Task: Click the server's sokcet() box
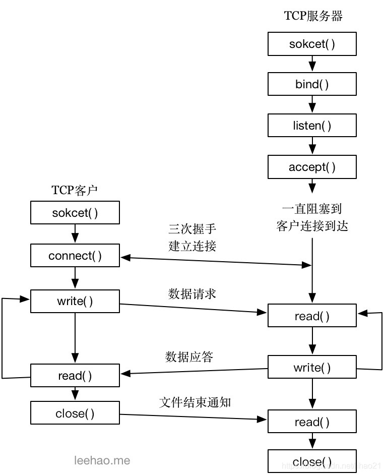pyautogui.click(x=312, y=44)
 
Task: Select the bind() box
pyautogui.click(x=312, y=84)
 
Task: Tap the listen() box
pyautogui.click(x=312, y=126)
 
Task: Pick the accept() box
pyautogui.click(x=312, y=167)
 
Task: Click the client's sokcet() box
pyautogui.click(x=75, y=213)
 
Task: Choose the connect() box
pyautogui.click(x=75, y=256)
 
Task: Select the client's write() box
pyautogui.click(x=75, y=301)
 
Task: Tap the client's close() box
pyautogui.click(x=75, y=413)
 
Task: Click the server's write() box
pyautogui.click(x=312, y=368)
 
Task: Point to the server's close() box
pyautogui.click(x=312, y=461)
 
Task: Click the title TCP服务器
pyautogui.click(x=313, y=16)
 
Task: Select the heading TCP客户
pyautogui.click(x=75, y=190)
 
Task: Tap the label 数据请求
pyautogui.click(x=192, y=293)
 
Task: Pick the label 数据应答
pyautogui.click(x=189, y=357)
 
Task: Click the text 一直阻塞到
pyautogui.click(x=312, y=208)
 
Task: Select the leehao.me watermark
pyautogui.click(x=102, y=460)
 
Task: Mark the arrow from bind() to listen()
pyautogui.click(x=312, y=105)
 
